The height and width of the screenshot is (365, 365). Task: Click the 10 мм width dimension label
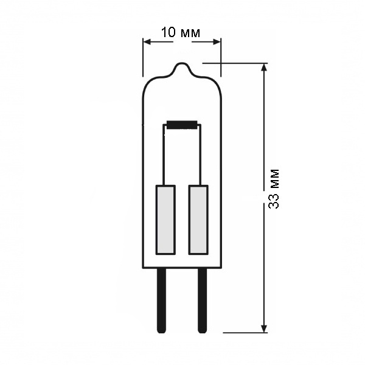coord(181,32)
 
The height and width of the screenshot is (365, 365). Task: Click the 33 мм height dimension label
coord(274,189)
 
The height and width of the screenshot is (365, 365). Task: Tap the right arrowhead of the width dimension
coord(217,42)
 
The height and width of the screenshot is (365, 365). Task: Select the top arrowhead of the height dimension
coord(264,68)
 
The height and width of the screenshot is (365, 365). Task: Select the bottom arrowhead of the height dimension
coord(264,328)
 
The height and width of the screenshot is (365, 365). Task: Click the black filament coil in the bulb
coord(182,125)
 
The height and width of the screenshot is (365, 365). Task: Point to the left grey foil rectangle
coord(165,220)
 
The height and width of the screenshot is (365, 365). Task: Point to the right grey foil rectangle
coord(198,220)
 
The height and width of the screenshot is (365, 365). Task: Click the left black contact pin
coord(162,301)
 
